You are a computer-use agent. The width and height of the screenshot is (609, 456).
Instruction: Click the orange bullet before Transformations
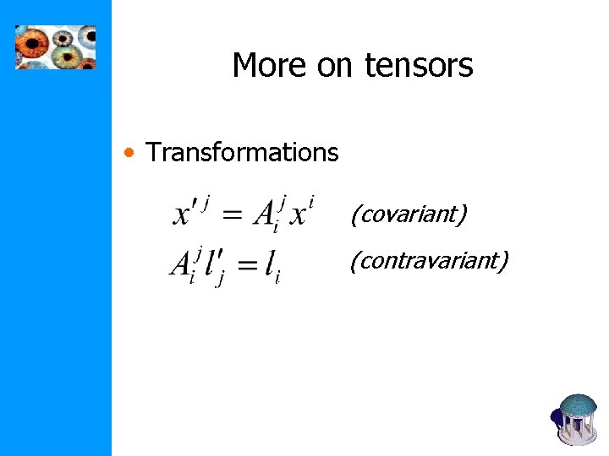pos(128,153)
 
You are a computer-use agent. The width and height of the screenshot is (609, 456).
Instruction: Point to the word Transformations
pos(242,153)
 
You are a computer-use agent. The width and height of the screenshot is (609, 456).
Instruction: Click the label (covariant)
pos(409,214)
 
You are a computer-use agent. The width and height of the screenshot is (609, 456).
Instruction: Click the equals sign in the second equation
pos(246,267)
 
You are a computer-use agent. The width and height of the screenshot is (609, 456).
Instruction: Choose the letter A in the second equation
pos(182,264)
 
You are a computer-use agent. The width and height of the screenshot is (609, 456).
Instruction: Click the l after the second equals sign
pos(270,266)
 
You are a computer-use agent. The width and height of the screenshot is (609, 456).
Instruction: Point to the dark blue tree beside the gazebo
pos(557,417)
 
